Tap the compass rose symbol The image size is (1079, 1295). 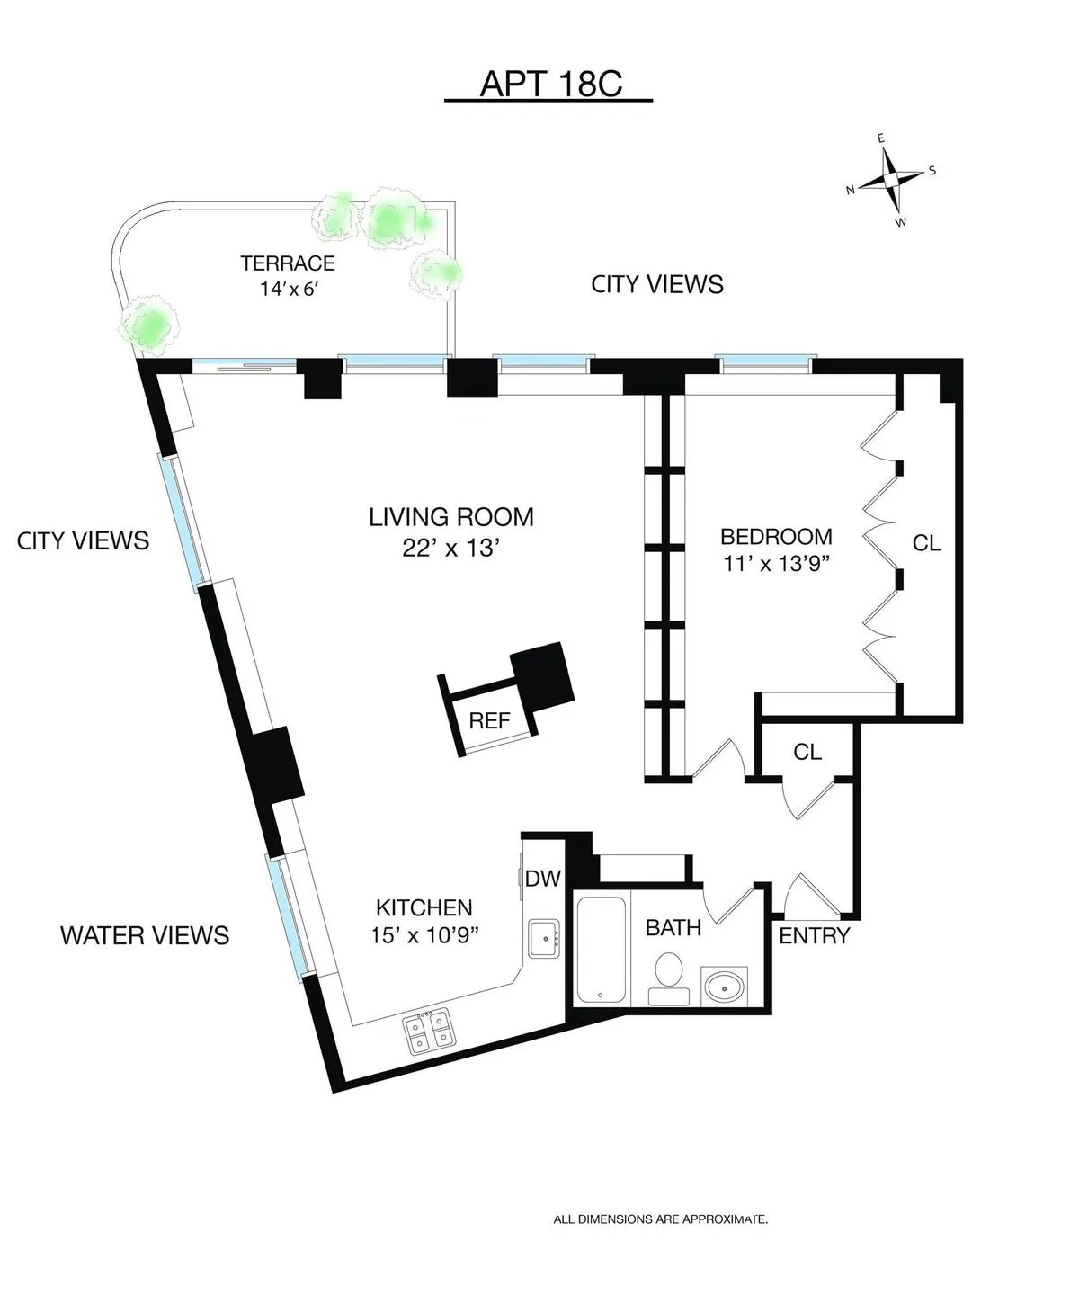890,180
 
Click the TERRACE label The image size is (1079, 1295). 288,263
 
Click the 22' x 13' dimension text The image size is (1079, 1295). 451,548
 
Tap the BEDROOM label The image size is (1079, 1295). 776,537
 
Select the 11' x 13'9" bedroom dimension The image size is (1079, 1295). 776,566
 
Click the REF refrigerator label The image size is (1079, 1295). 490,720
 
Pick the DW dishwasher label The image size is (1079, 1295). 542,879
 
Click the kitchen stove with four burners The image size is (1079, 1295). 428,1033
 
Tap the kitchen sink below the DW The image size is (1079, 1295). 544,939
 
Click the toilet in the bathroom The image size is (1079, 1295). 669,976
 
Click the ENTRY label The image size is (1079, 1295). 814,936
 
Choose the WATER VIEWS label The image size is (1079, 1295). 145,935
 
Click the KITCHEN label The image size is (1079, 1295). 424,907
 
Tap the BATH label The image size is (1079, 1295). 673,927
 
